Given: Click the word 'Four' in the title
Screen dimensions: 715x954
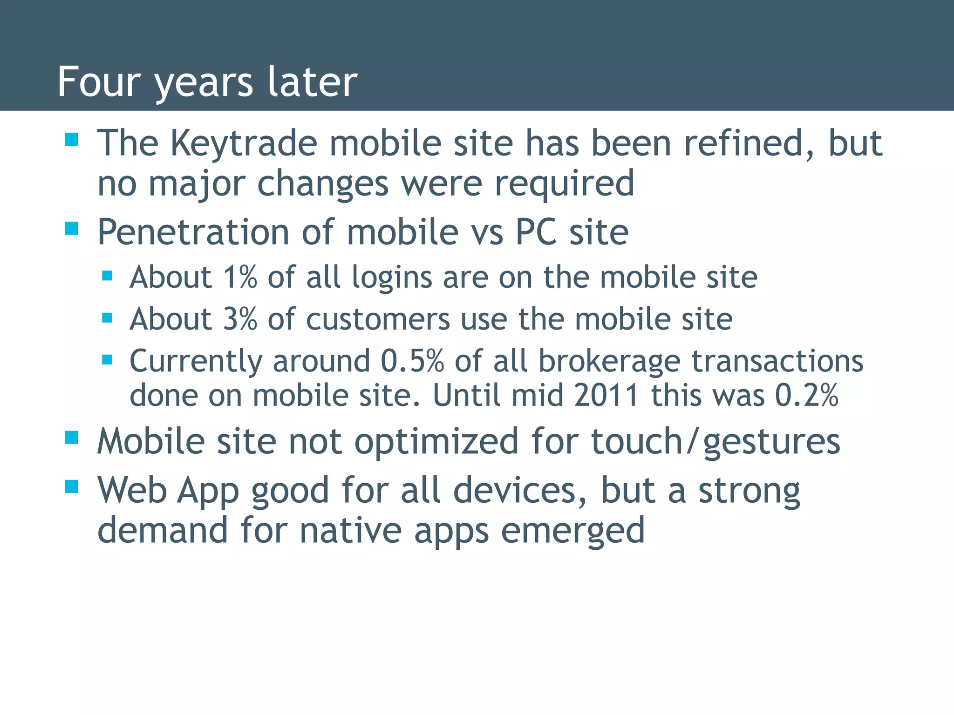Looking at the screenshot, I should click(98, 82).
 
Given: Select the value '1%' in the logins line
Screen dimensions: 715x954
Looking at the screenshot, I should click(240, 277).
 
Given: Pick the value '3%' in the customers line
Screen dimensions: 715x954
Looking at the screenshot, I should click(240, 319).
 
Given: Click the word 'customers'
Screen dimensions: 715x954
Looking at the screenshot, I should click(378, 319).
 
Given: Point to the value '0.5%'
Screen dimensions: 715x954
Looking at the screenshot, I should click(412, 361).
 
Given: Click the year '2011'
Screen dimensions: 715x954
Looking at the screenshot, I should click(606, 396).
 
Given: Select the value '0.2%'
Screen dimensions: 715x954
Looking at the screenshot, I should click(806, 396).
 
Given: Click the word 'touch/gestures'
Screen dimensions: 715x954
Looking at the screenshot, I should click(715, 441).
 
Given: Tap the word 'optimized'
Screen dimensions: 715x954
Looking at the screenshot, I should click(436, 441).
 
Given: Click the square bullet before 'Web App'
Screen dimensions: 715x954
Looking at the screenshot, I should click(71, 486).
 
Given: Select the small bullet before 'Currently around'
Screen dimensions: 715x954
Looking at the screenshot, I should click(107, 360).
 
